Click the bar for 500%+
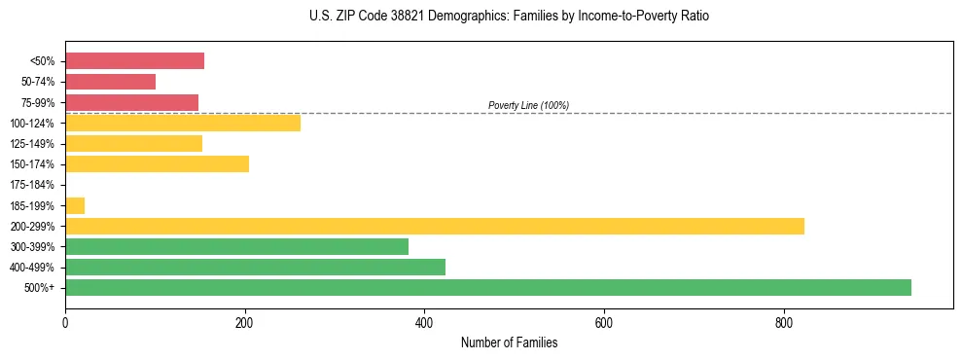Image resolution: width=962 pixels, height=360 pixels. tap(487, 287)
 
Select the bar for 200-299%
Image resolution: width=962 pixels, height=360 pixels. tap(434, 226)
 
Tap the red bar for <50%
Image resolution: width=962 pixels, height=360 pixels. tap(134, 61)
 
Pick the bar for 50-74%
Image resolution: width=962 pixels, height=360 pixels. tap(110, 82)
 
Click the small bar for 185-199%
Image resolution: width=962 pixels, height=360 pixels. tap(75, 205)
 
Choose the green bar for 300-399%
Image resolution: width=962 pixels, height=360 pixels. tap(236, 246)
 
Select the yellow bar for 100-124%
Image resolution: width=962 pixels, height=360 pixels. tap(183, 123)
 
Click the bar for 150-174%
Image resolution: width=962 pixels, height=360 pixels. tap(157, 163)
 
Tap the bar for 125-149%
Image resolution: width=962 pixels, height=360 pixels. tap(133, 143)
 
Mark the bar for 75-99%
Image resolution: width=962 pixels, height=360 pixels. tap(131, 102)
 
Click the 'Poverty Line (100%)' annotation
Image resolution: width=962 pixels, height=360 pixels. tap(528, 105)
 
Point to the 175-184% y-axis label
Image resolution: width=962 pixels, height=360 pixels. tap(32, 185)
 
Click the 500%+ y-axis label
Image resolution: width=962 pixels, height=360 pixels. tap(40, 288)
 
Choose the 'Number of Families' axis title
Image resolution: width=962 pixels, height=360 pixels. tap(509, 342)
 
